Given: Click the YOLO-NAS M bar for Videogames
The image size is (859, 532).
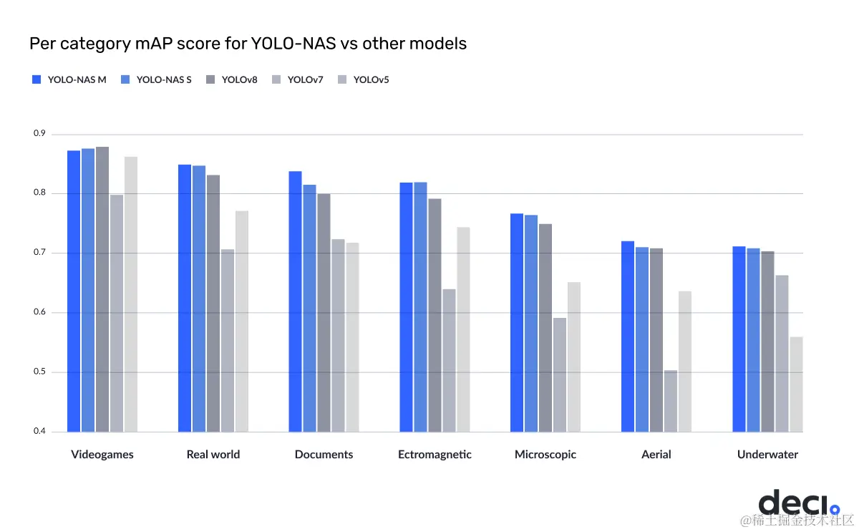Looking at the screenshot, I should (x=74, y=291).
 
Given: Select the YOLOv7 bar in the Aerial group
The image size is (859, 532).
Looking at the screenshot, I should (x=671, y=401).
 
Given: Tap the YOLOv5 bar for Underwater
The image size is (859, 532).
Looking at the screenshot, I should (x=796, y=385).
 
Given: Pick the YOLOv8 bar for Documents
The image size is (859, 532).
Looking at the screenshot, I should (x=324, y=312).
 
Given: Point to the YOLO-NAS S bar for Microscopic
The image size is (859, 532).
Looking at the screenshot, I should (x=531, y=323).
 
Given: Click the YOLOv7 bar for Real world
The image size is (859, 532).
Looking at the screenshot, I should (x=228, y=340).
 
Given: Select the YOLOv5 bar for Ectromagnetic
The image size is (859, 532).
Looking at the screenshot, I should (x=463, y=329).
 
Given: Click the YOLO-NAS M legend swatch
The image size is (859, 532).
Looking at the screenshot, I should (x=37, y=79).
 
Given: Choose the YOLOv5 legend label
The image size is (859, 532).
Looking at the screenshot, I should (x=371, y=79).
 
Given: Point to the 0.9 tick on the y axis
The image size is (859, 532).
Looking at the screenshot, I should (x=39, y=134).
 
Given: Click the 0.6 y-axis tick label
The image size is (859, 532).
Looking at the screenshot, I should (x=39, y=313).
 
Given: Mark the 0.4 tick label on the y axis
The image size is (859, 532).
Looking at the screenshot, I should (x=39, y=432).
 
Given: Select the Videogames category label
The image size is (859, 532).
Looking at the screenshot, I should (x=102, y=455).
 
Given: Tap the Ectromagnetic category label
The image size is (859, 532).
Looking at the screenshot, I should (x=435, y=455).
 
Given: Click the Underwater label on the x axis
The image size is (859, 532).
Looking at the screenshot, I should (x=767, y=455).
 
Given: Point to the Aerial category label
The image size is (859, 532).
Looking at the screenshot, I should (x=656, y=455).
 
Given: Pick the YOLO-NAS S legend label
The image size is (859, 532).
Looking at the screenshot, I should (x=164, y=79).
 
